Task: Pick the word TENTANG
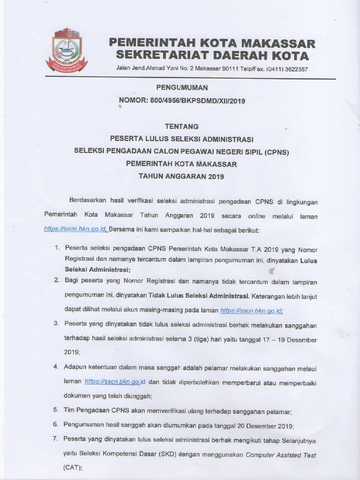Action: click(x=182, y=126)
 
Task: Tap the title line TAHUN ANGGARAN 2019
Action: click(x=182, y=177)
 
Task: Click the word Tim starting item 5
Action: click(x=70, y=411)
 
